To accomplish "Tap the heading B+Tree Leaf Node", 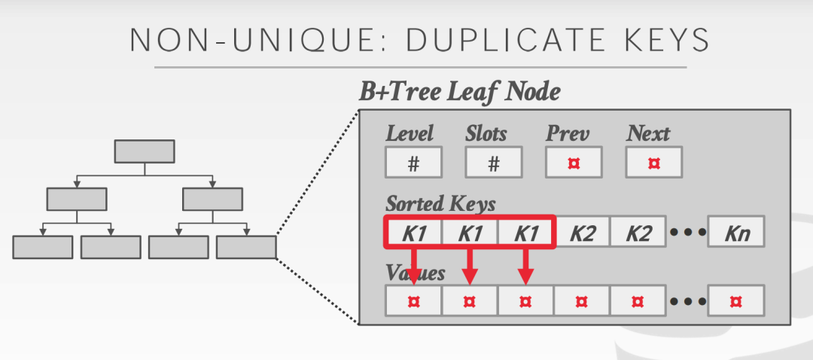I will click(x=459, y=92).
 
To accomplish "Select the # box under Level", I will click(x=413, y=162).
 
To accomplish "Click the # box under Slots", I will click(x=493, y=162).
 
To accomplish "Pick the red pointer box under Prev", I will click(x=574, y=162).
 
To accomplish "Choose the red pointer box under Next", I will click(x=653, y=162).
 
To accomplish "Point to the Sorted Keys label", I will click(x=440, y=203).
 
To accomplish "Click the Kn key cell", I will click(x=735, y=232).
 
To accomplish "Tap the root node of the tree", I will click(x=145, y=151).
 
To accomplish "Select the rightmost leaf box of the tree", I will click(x=246, y=247).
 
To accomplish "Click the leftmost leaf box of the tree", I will click(x=43, y=247).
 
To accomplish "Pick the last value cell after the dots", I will click(x=735, y=301).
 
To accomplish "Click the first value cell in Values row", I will click(x=413, y=301).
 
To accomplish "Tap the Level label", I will click(x=410, y=134).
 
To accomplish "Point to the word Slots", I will click(x=486, y=134).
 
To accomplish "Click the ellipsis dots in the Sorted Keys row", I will click(x=686, y=232).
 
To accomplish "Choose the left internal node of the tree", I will click(x=77, y=199).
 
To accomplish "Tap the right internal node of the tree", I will click(x=212, y=199).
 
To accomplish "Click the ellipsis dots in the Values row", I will click(x=686, y=301).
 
